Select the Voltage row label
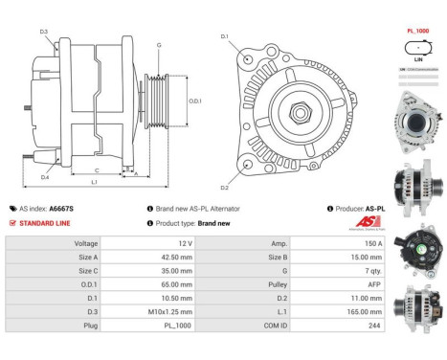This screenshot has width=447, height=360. coord(85,244)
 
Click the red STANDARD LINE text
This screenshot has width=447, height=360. coord(45,223)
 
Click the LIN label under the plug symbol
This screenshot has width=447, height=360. coord(417,59)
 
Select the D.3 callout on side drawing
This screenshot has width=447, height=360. coord(44,33)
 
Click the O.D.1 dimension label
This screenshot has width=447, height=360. coord(194,101)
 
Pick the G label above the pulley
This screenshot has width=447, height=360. coord(159,45)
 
